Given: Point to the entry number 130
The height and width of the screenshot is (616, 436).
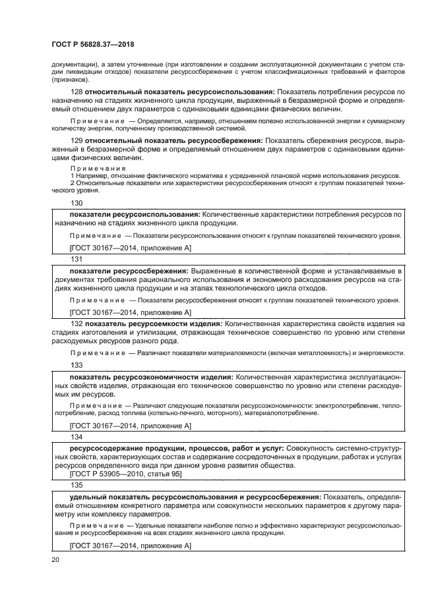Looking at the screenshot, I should coord(77,204).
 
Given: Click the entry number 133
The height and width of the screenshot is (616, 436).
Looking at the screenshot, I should coord(77,364).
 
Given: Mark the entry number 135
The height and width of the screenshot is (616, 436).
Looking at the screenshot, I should coord(77,484).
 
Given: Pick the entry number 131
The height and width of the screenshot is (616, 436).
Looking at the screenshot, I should coord(77,260).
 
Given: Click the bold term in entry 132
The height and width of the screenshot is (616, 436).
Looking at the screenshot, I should coord(153,324).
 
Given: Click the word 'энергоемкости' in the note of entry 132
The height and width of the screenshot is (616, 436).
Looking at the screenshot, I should coord(380,353).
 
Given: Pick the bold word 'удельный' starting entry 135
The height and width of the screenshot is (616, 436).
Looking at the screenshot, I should coord(89,495).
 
